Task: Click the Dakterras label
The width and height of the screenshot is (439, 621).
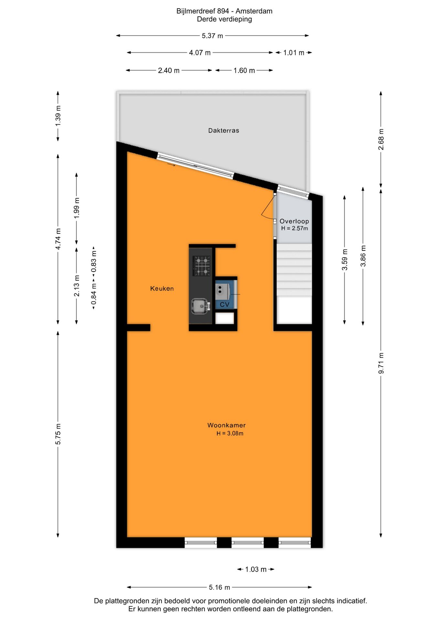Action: (x=223, y=131)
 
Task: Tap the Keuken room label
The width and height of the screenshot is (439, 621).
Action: (x=162, y=289)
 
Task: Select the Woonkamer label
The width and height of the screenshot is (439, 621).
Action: (x=226, y=425)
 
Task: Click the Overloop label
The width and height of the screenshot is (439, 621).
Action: (x=294, y=221)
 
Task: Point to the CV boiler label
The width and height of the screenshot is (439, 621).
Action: (x=224, y=305)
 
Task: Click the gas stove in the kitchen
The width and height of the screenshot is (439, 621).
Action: (x=202, y=266)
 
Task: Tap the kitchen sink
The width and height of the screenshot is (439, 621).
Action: (x=200, y=306)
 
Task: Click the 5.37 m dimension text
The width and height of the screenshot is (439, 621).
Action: (x=212, y=36)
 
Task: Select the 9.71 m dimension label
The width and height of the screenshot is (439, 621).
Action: (x=381, y=363)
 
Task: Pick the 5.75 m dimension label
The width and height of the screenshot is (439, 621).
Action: (x=58, y=434)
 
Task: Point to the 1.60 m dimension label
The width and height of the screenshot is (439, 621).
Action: (x=244, y=71)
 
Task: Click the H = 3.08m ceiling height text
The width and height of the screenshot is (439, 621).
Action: (x=230, y=434)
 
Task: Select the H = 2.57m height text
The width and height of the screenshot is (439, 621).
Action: (x=294, y=228)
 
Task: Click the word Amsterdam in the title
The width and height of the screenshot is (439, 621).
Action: (x=254, y=11)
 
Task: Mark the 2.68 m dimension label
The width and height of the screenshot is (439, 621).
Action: (x=381, y=139)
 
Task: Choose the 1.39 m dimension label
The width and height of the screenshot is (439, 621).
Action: (x=58, y=116)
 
